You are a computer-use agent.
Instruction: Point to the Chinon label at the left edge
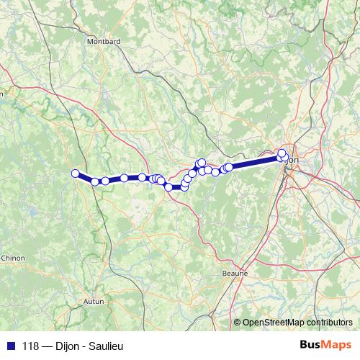click(x=12, y=257)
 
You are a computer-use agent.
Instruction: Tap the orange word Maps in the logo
click(x=337, y=346)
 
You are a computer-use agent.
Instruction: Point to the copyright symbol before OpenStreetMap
click(x=238, y=322)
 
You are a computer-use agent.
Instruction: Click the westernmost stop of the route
click(x=75, y=173)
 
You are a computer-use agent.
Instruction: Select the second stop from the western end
click(x=95, y=181)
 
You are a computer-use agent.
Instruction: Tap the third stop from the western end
click(x=105, y=181)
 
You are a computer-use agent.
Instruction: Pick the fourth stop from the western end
click(x=125, y=178)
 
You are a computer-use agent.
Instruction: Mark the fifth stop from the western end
click(x=143, y=177)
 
